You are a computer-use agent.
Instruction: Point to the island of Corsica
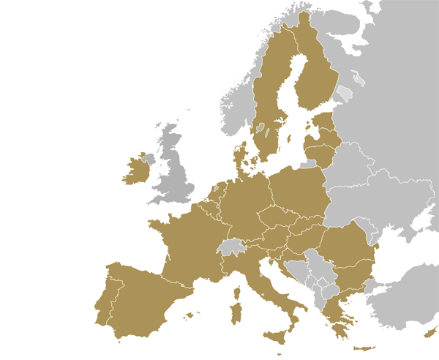tap(237, 293)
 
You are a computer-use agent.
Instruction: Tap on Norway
tap(241, 110)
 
